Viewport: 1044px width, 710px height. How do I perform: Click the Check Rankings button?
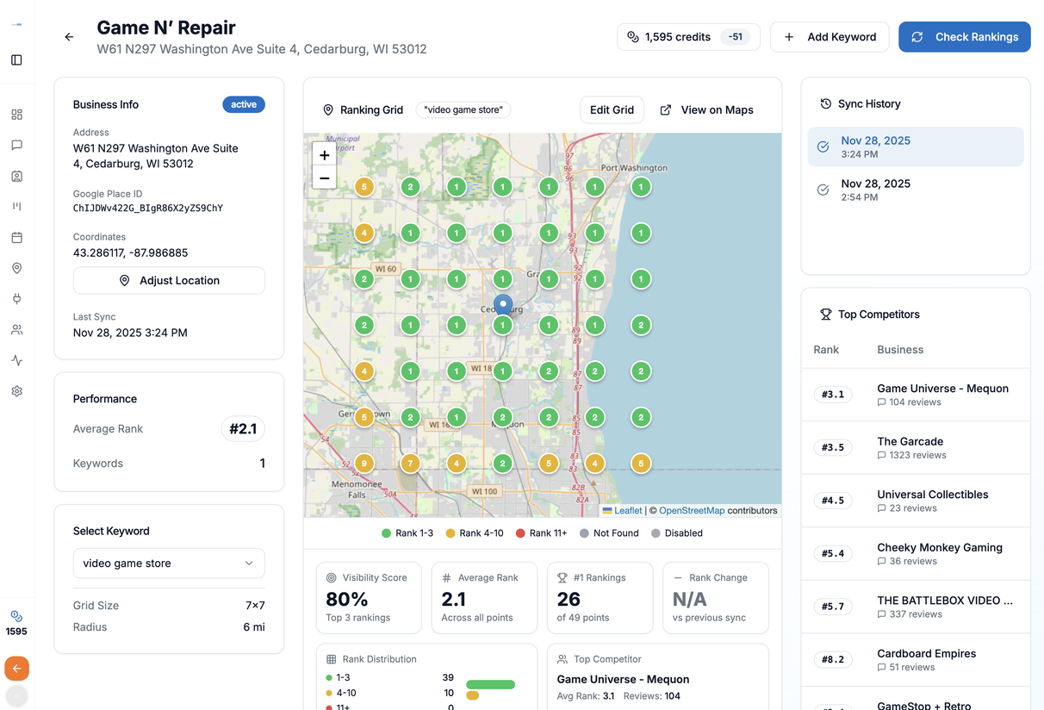[964, 37]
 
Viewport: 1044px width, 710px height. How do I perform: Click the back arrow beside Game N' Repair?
[69, 37]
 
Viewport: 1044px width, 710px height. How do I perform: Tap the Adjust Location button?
[169, 281]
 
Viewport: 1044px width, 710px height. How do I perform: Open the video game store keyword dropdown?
[169, 564]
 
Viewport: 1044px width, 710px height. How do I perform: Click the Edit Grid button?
[612, 110]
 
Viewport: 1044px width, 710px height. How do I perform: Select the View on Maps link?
[707, 110]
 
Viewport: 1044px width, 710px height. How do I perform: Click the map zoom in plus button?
[324, 155]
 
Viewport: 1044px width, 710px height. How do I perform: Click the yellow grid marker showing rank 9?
[364, 464]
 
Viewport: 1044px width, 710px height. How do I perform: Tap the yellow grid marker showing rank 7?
[411, 464]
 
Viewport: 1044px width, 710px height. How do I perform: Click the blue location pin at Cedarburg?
[503, 305]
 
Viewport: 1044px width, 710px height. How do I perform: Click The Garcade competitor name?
[910, 441]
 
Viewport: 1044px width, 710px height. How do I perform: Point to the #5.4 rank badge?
[833, 553]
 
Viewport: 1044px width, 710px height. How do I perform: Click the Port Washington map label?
[634, 168]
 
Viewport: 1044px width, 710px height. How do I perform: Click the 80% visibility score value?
[347, 599]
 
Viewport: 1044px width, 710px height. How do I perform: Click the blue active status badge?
[244, 104]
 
